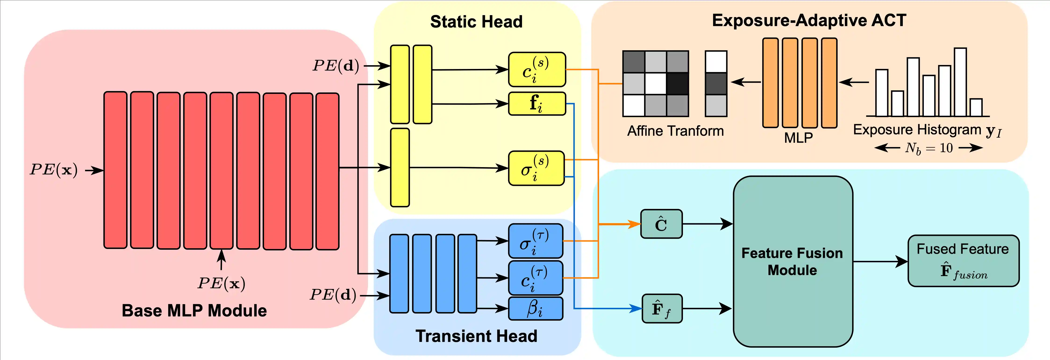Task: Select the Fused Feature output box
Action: coord(963,261)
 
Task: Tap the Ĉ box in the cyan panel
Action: coord(661,224)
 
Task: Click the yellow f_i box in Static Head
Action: coord(537,104)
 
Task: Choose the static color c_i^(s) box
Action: coord(537,69)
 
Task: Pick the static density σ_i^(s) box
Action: coord(536,168)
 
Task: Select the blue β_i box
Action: coord(536,309)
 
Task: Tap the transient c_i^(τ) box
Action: coord(535,278)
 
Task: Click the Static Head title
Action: coord(476,22)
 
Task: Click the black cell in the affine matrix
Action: coord(677,84)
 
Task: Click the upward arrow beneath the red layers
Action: coord(221,260)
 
